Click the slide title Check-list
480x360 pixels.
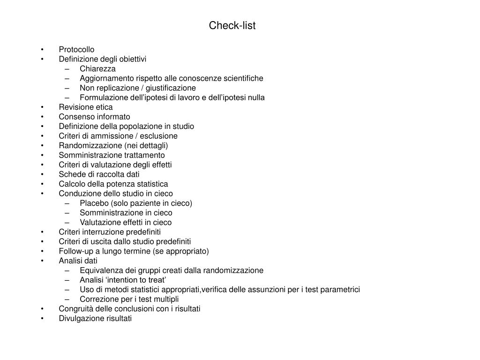point(232,26)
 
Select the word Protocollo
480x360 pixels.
point(76,50)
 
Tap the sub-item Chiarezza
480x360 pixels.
point(97,69)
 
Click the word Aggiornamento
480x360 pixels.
point(104,78)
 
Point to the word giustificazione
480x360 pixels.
point(172,88)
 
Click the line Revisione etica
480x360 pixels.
point(86,107)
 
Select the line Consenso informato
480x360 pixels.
point(95,117)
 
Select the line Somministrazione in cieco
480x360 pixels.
point(126,213)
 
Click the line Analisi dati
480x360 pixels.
point(78,261)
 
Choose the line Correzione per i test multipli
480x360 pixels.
point(129,299)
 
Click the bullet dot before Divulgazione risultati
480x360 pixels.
point(42,319)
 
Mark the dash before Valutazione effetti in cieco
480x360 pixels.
point(68,223)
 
